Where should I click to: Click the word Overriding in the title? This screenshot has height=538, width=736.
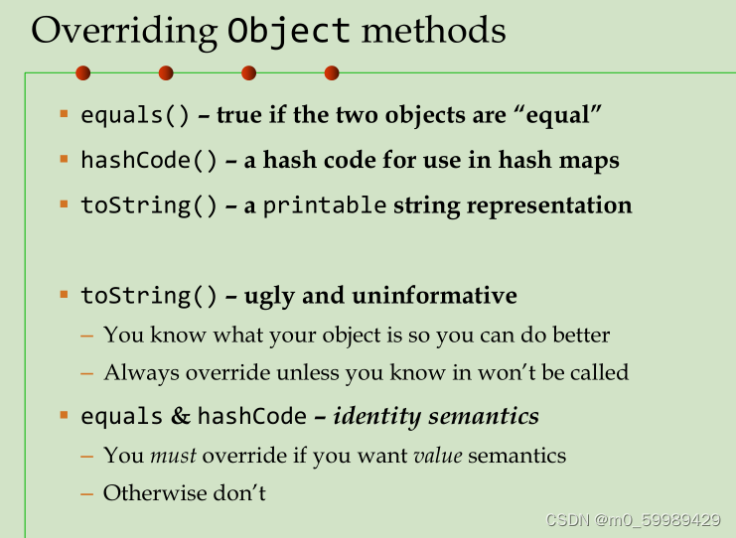click(124, 32)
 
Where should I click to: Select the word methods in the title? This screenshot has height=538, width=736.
click(433, 30)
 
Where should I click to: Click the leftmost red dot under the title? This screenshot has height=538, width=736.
click(83, 73)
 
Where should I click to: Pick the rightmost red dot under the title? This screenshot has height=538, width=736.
click(332, 73)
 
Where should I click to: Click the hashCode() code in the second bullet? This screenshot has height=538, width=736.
click(149, 161)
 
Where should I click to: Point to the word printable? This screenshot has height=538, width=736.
click(325, 206)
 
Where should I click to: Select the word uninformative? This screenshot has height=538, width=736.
click(434, 296)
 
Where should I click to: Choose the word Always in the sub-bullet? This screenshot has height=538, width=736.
click(141, 373)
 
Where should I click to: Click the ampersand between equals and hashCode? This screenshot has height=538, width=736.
click(180, 416)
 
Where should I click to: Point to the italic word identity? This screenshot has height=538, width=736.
click(376, 417)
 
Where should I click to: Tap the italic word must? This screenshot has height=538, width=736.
click(173, 456)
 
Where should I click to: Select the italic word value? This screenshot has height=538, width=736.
click(438, 456)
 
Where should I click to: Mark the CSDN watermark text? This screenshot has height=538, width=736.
click(634, 520)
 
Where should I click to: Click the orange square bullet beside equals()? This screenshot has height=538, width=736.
click(65, 113)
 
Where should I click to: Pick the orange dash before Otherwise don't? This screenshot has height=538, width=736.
click(87, 494)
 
